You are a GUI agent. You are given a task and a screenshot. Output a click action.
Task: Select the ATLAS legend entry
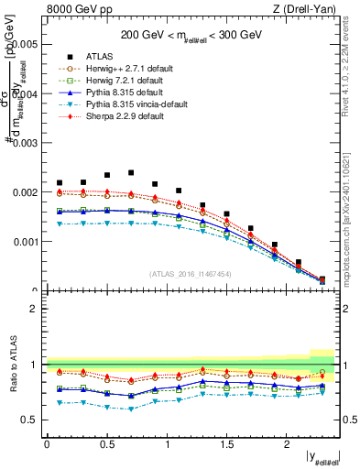(x=100, y=56)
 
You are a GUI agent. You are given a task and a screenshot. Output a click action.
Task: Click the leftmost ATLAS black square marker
(x=60, y=183)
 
